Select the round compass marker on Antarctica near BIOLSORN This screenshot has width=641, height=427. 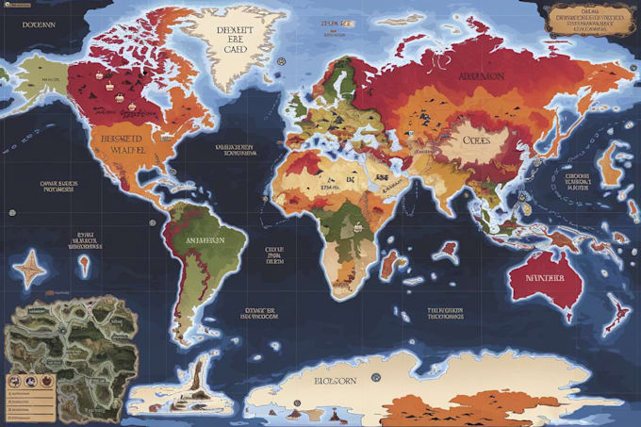[375, 377]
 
